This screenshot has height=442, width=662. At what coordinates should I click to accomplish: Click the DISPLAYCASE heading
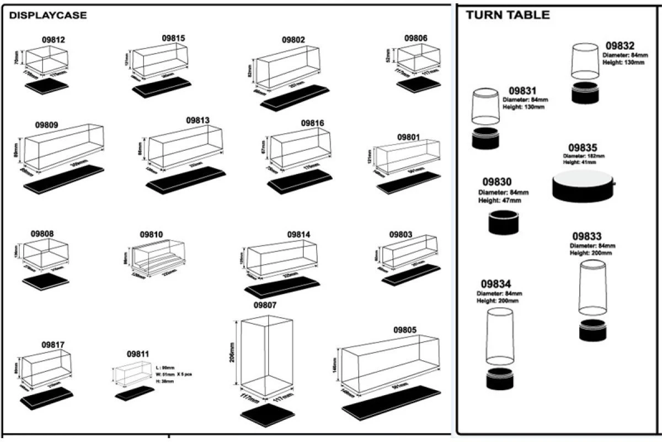coord(48,15)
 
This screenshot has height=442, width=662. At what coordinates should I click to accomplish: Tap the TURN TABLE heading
coord(508,15)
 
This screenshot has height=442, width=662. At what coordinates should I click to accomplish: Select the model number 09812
coord(54,40)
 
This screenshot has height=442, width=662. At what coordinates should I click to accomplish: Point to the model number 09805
coord(405,330)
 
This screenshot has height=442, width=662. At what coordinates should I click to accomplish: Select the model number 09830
coord(496,182)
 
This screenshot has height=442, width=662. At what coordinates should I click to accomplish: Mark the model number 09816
coord(312,123)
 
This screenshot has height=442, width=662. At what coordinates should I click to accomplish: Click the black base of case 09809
coord(63,179)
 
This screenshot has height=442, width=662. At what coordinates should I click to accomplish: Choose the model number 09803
coord(400,234)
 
